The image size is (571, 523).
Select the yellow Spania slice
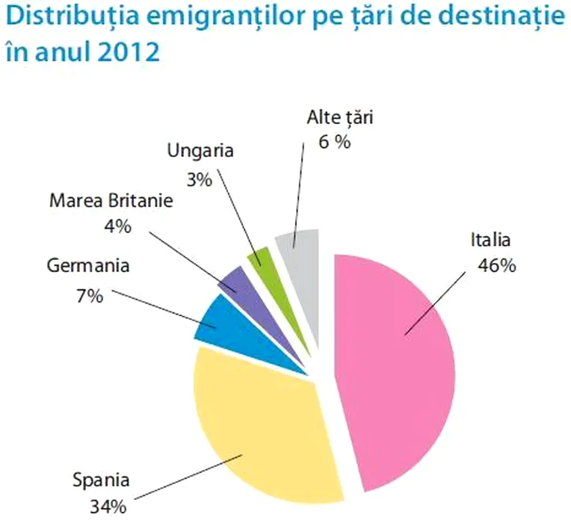(254, 426)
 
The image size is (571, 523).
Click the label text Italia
(490, 241)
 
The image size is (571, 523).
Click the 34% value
(108, 506)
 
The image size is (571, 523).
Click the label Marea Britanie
(111, 200)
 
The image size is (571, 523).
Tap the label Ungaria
(200, 151)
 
